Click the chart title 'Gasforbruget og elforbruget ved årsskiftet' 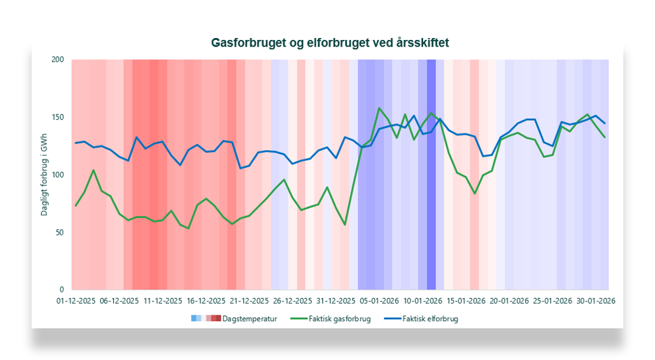point(330,43)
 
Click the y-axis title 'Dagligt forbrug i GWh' point(45,175)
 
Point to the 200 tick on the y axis point(58,60)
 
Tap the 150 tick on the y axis point(58,117)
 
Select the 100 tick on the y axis point(58,175)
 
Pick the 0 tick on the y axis point(62,290)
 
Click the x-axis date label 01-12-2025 point(75,301)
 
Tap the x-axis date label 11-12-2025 point(162,301)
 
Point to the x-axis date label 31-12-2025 point(335,301)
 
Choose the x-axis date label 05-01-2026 point(378,301)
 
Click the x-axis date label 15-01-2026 point(465,301)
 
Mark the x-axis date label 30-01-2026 point(594,301)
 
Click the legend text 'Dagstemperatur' point(249,319)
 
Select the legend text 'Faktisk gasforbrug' point(340,319)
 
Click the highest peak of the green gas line point(379,108)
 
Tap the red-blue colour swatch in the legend point(205,319)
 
